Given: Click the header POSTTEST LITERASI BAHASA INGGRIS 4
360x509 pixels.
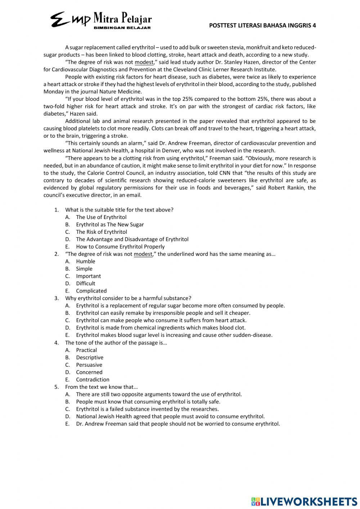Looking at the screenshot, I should (x=262, y=25).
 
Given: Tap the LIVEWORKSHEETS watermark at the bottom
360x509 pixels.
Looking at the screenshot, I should (x=304, y=501).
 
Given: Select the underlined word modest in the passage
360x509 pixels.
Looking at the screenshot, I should (x=144, y=62).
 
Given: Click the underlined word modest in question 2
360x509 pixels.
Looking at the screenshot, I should (x=143, y=254).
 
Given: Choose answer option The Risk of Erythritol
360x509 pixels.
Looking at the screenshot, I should (x=101, y=232).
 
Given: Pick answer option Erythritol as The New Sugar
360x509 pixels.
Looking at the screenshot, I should (x=109, y=225).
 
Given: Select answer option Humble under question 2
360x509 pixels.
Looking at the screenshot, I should (x=85, y=262).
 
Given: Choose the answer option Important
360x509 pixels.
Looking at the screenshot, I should (x=88, y=276).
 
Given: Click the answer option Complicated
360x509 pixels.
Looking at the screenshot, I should (x=91, y=291).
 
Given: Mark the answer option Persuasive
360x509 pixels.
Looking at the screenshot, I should (x=89, y=365).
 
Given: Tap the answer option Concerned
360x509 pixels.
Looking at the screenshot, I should (x=89, y=372).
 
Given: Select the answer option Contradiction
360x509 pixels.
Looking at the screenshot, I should (x=93, y=380).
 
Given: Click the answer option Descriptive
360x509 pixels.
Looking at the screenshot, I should (x=89, y=358).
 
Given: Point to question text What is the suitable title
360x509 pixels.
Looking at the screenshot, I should (x=119, y=210).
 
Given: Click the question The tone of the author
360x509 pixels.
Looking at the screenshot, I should (x=116, y=343).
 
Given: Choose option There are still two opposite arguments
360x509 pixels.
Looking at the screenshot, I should (x=159, y=394).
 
